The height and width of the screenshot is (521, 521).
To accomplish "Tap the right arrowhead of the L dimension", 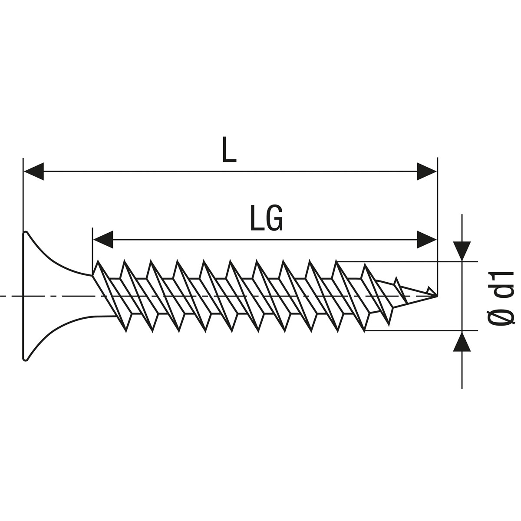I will coord(426,171).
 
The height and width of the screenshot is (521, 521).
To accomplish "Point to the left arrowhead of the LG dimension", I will coord(103,239).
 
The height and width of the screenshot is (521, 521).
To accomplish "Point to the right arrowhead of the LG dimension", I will coord(426,239).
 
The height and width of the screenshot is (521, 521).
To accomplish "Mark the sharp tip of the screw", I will coord(436,296).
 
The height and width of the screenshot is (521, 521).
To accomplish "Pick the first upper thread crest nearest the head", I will coord(99,261).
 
